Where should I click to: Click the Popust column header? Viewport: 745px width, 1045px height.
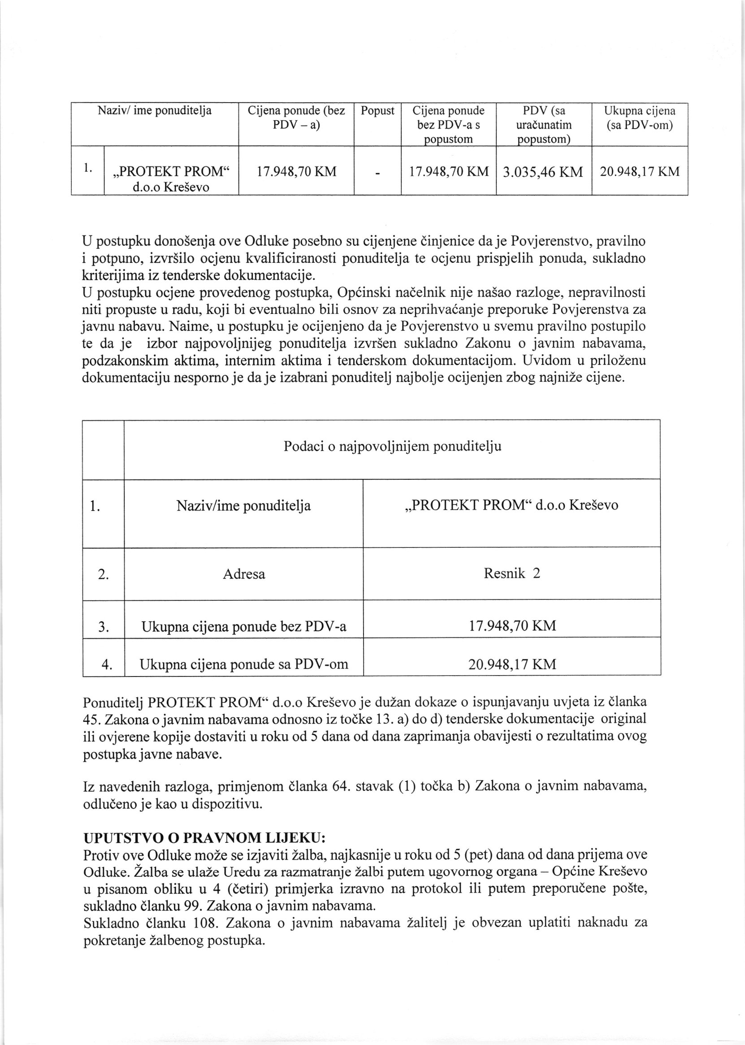coord(377,111)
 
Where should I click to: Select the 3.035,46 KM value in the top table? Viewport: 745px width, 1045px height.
coord(543,172)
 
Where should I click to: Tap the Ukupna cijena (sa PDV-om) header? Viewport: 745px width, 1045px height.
coord(640,118)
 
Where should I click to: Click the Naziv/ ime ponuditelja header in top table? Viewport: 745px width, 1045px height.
coord(155,111)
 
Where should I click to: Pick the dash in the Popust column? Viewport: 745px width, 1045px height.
coord(377,173)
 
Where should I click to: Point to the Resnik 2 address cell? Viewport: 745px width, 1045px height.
coord(511,573)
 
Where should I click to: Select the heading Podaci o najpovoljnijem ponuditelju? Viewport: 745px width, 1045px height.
coord(392,447)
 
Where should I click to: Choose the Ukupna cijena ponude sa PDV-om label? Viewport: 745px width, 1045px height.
coord(243,664)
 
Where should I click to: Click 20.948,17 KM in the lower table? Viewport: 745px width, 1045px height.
coord(511,664)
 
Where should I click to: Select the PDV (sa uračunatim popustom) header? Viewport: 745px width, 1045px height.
coord(544,125)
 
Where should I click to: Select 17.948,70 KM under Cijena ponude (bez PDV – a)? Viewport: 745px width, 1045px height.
coord(296,172)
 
